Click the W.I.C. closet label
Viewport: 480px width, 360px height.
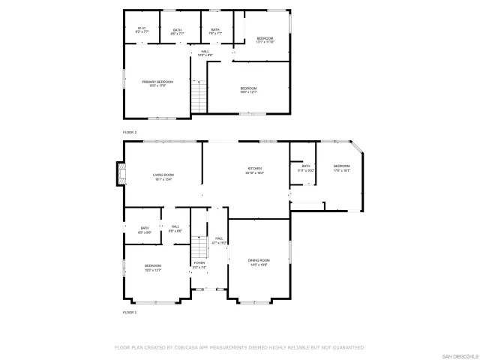click(142, 31)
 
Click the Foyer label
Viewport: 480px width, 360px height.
click(199, 265)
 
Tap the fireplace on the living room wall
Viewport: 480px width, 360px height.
click(118, 175)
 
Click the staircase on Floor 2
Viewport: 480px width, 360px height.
click(198, 97)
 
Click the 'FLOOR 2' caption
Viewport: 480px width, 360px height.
click(130, 132)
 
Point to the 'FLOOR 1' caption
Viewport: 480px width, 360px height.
click(130, 311)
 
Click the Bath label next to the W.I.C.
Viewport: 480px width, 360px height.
click(177, 31)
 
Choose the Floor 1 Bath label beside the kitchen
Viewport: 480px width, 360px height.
click(306, 168)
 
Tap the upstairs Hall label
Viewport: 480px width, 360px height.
click(205, 53)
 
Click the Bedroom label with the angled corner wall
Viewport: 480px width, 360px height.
click(342, 168)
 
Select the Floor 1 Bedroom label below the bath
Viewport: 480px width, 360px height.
click(153, 267)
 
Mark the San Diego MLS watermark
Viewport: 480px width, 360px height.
click(458, 355)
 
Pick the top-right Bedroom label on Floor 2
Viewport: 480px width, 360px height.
click(265, 40)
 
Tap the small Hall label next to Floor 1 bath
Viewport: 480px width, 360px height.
click(175, 229)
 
